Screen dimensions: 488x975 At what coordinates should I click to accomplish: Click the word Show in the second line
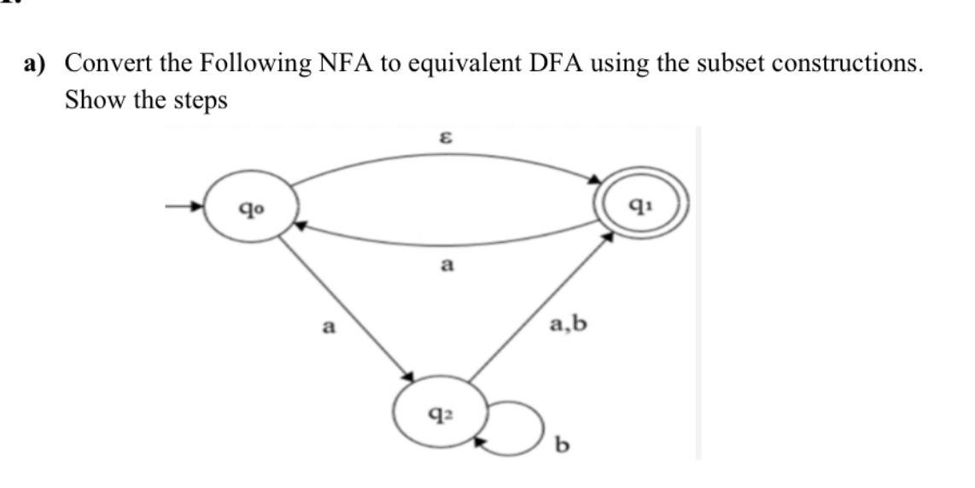click(94, 100)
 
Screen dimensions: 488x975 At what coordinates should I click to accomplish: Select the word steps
click(199, 102)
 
